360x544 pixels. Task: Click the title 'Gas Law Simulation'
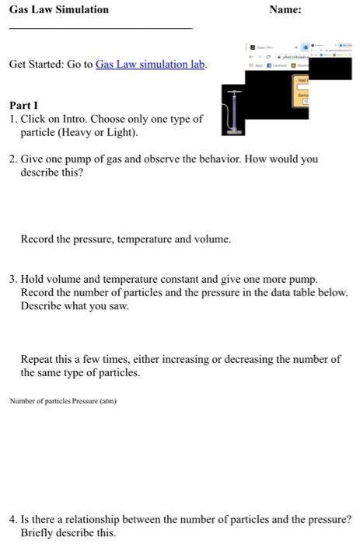point(59,10)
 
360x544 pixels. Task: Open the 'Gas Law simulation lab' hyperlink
point(151,64)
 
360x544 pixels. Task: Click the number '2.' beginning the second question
point(14,159)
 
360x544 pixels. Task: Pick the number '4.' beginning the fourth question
point(14,519)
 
